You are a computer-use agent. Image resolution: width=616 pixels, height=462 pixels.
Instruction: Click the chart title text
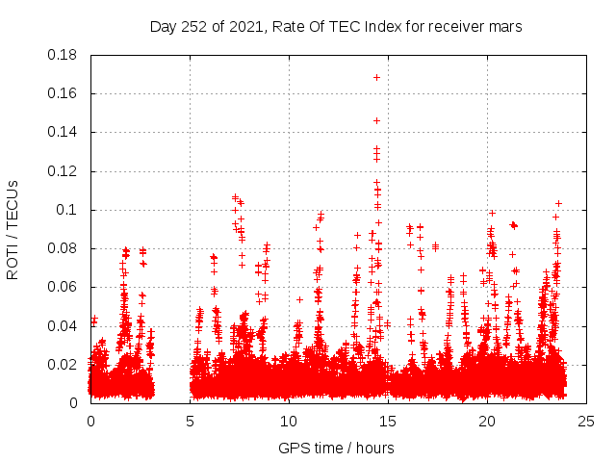pos(335,27)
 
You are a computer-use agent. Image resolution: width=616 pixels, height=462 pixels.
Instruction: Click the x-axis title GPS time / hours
pos(335,448)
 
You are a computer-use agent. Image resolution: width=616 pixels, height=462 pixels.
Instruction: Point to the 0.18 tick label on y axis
pos(64,55)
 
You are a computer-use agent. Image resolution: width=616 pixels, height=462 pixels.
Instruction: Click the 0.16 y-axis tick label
pos(64,93)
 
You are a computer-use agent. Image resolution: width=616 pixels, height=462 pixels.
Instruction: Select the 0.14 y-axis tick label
pos(64,132)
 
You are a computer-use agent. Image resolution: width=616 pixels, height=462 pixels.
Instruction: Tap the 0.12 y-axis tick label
pos(64,171)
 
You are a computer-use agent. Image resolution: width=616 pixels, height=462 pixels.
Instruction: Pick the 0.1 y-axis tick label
pos(68,210)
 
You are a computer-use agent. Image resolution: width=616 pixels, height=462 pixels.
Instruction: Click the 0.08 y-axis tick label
pos(64,248)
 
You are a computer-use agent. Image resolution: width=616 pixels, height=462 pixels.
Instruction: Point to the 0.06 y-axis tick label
pos(64,287)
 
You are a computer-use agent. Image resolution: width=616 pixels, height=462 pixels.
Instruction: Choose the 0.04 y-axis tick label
pos(64,325)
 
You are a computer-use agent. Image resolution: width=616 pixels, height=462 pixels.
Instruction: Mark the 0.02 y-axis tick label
pos(64,365)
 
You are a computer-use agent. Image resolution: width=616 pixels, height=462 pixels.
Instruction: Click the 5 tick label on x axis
pos(190,421)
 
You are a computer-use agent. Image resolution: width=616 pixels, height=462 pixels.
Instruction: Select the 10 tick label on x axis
pos(289,421)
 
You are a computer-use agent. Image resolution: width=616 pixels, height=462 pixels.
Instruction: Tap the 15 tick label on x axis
pos(388,421)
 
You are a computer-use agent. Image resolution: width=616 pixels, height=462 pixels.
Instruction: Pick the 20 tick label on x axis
pos(487,421)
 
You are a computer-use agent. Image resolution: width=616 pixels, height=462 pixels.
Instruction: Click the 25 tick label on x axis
pos(586,421)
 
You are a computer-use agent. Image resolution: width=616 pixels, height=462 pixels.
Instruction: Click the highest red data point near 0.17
pos(376,77)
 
